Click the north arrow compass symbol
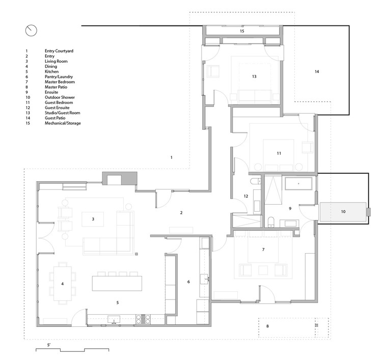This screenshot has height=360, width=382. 31,31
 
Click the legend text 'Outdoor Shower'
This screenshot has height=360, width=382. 60,97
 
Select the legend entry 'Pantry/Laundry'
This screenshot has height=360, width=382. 59,77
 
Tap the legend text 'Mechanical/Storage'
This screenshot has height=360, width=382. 63,123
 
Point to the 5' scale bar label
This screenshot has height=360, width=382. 49,345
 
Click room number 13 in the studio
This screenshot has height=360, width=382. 254,76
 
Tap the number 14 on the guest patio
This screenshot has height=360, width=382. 317,72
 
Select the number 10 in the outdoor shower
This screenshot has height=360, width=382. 343,212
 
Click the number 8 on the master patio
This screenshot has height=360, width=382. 267,326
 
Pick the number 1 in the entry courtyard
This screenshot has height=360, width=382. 172,157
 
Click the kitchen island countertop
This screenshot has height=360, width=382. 117,283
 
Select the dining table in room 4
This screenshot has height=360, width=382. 63,283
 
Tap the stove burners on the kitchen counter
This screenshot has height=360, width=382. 143,319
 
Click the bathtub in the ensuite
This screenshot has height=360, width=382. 298,184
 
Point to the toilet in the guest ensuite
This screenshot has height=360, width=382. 256,181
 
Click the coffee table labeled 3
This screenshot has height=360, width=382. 93,219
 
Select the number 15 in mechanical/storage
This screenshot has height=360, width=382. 242,31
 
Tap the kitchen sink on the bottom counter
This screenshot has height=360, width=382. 114,319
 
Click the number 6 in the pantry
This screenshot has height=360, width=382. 188,282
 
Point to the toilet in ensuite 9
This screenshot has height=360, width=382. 271,222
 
